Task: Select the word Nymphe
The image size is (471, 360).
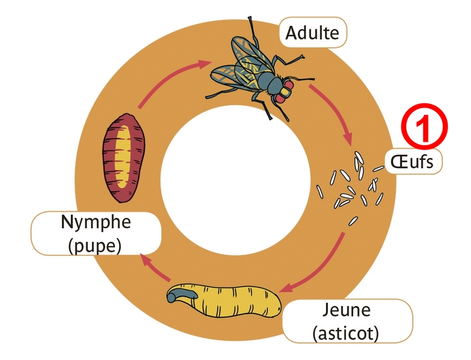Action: pyautogui.click(x=96, y=223)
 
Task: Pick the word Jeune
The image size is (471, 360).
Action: pyautogui.click(x=347, y=311)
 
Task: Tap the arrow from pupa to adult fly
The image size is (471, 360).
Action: pyautogui.click(x=171, y=82)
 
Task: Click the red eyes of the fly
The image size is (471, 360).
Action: pyautogui.click(x=285, y=93)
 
